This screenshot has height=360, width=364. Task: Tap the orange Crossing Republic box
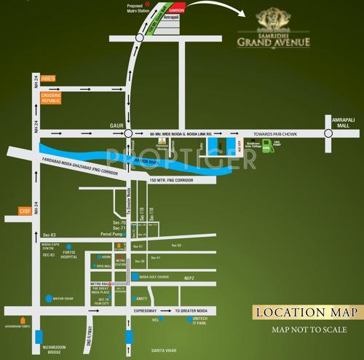(51, 98)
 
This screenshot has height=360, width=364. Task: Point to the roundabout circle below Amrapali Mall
(329, 133)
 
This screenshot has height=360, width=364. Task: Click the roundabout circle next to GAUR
(128, 133)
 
